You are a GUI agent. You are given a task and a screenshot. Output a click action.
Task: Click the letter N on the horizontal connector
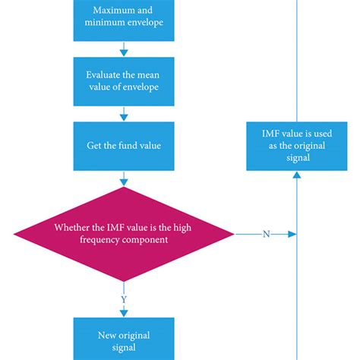[266, 234]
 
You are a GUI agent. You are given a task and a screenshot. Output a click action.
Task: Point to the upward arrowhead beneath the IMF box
[296, 175]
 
